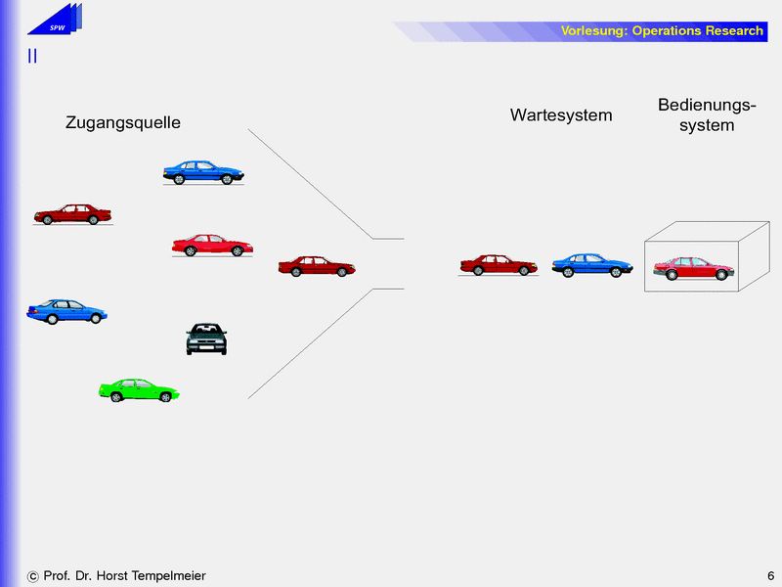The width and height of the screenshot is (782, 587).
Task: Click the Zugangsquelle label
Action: (123, 123)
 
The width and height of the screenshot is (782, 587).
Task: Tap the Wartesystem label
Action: (561, 115)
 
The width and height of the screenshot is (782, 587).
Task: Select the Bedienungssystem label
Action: (707, 114)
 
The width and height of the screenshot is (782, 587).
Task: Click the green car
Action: (139, 390)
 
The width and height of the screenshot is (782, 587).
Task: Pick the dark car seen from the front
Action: (206, 339)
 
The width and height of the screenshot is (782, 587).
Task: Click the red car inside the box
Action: (693, 267)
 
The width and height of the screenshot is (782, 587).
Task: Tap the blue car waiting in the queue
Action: (592, 265)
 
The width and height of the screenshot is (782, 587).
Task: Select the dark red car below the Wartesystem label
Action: (499, 265)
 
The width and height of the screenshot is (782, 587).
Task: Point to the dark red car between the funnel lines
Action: (317, 266)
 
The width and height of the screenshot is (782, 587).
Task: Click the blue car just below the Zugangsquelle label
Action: (203, 173)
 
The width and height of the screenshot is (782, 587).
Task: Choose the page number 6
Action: (770, 575)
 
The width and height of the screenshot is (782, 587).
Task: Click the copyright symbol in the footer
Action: (33, 576)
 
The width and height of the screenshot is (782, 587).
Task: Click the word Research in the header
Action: (734, 31)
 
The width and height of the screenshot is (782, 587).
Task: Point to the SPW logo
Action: (58, 19)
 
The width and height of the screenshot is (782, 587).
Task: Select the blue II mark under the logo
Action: (32, 57)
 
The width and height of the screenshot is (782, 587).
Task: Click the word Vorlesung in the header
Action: (593, 31)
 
